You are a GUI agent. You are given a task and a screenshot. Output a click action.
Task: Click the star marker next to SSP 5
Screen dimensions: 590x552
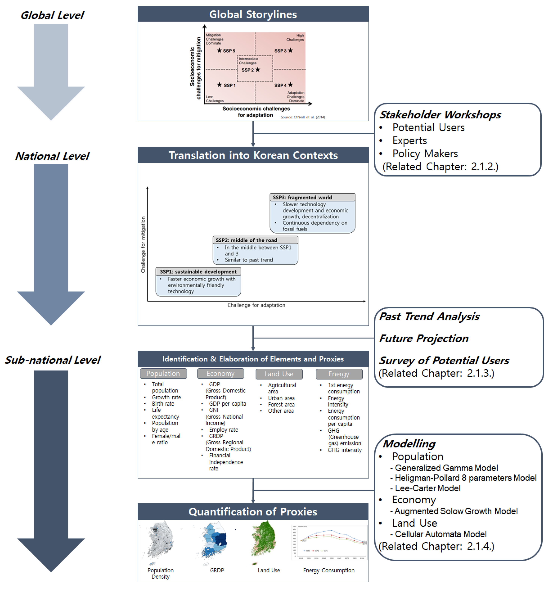219,50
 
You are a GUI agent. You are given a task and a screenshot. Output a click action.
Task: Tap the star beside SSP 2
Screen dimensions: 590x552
258,69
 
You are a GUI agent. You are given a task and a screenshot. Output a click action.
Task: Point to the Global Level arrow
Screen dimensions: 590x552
51,71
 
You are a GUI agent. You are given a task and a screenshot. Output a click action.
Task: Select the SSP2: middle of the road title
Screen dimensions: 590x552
246,240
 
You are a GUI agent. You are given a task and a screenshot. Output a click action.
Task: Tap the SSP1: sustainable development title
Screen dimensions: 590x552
198,272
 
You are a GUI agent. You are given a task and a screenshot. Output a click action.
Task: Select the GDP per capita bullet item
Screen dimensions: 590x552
227,404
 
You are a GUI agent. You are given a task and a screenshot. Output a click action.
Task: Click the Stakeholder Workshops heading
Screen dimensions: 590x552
440,115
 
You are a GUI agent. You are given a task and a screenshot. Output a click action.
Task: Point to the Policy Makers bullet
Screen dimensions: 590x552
425,154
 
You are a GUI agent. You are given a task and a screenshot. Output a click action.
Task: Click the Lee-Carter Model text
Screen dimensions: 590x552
427,488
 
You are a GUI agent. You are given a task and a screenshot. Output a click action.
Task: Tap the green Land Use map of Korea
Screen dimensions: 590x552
264,539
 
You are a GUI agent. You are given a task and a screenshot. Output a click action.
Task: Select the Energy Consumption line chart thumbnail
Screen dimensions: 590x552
329,542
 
